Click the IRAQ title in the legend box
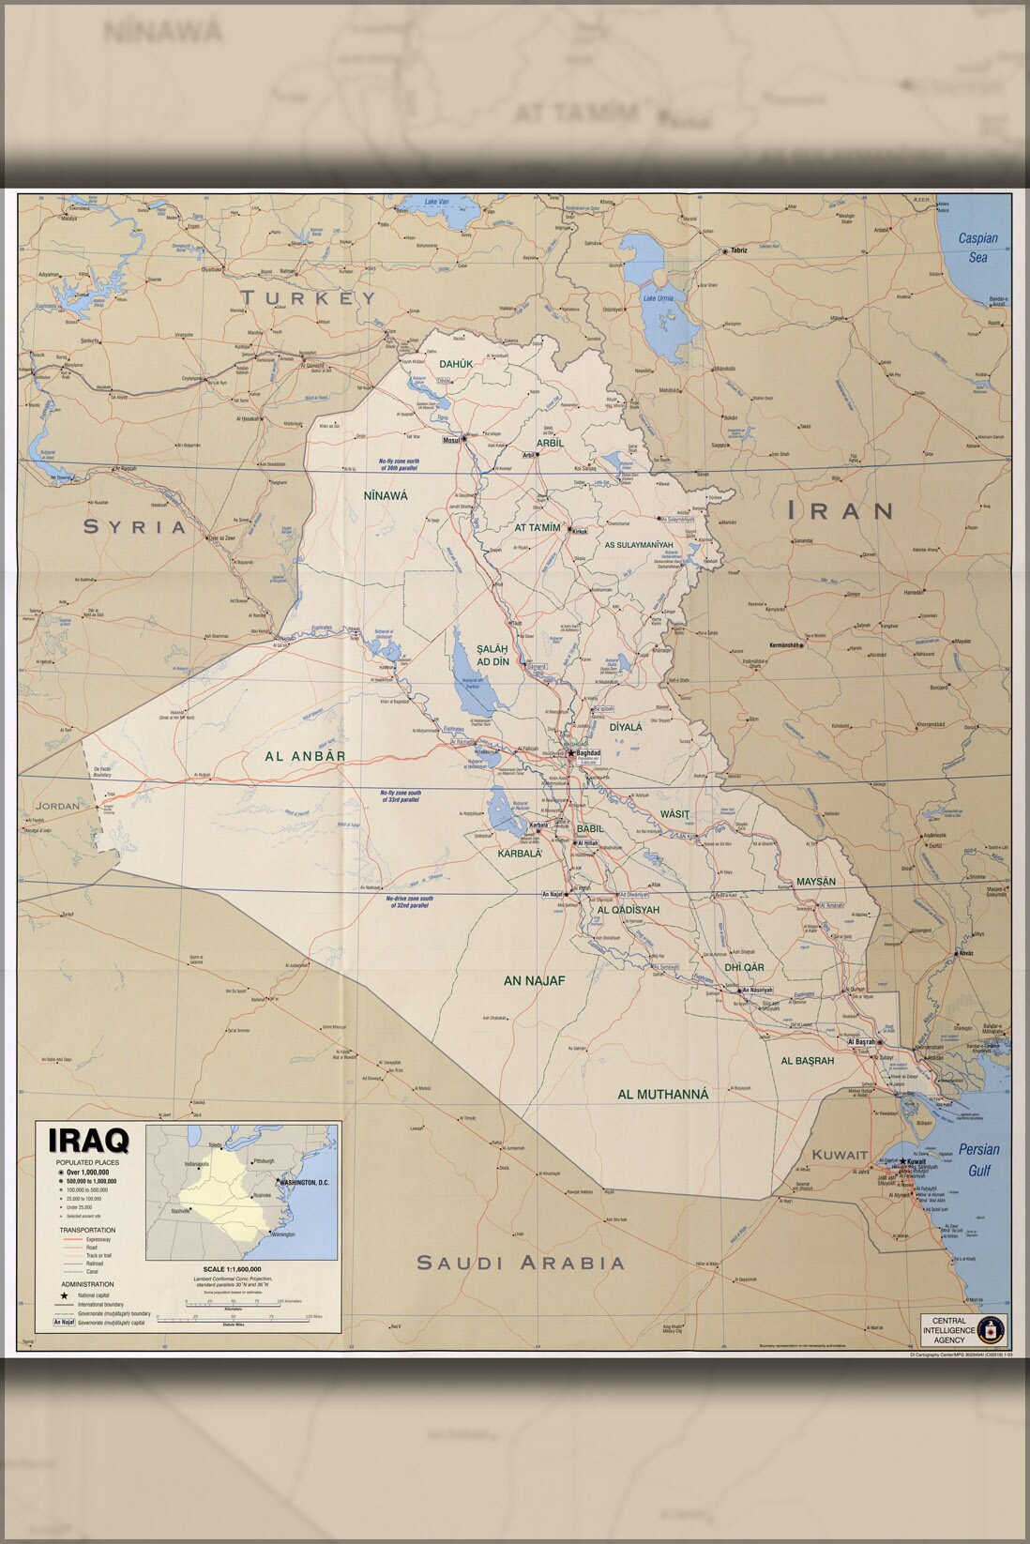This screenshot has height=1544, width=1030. click(89, 1141)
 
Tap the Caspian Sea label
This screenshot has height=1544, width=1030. click(977, 248)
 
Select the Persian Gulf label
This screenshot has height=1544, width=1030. click(978, 1159)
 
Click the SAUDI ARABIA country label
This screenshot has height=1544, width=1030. click(521, 1263)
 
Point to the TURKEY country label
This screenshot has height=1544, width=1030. click(308, 298)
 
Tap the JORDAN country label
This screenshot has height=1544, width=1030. click(57, 806)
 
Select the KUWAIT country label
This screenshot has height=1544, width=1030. click(840, 1155)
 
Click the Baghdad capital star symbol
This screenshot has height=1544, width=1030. click(570, 752)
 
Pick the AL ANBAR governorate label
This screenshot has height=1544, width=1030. click(305, 756)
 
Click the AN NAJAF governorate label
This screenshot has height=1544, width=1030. click(535, 981)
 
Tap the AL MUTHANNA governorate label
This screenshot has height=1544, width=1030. click(662, 1095)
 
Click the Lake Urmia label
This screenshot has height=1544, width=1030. click(657, 299)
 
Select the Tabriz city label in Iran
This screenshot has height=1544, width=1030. click(739, 250)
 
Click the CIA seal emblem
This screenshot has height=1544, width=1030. click(992, 1327)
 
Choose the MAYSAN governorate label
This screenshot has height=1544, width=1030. click(815, 882)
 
